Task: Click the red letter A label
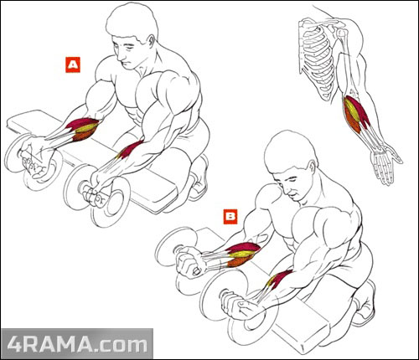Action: tap(73, 64)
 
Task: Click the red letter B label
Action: tap(230, 217)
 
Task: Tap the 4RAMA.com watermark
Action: tap(77, 344)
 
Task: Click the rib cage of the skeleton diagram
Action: tap(317, 60)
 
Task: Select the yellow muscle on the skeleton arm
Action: tap(352, 111)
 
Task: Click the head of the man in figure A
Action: tap(132, 36)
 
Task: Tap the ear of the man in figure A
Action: tap(151, 43)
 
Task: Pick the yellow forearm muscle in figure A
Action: tap(86, 128)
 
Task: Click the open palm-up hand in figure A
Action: tap(35, 159)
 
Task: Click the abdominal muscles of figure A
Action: tap(134, 111)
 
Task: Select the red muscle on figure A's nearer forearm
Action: tap(131, 149)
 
